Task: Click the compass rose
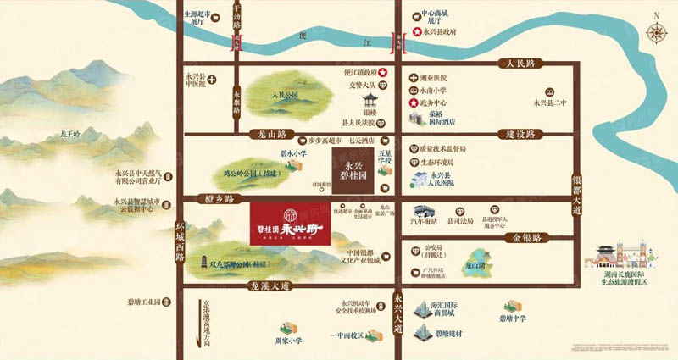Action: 655,32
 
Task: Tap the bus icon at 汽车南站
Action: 423,211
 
